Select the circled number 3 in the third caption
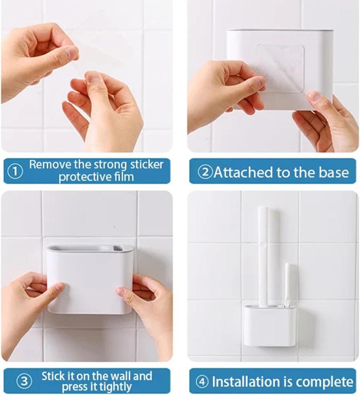24,381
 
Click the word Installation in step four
248,382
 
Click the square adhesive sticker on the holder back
280,68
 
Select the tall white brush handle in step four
263,255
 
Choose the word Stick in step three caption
53,375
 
